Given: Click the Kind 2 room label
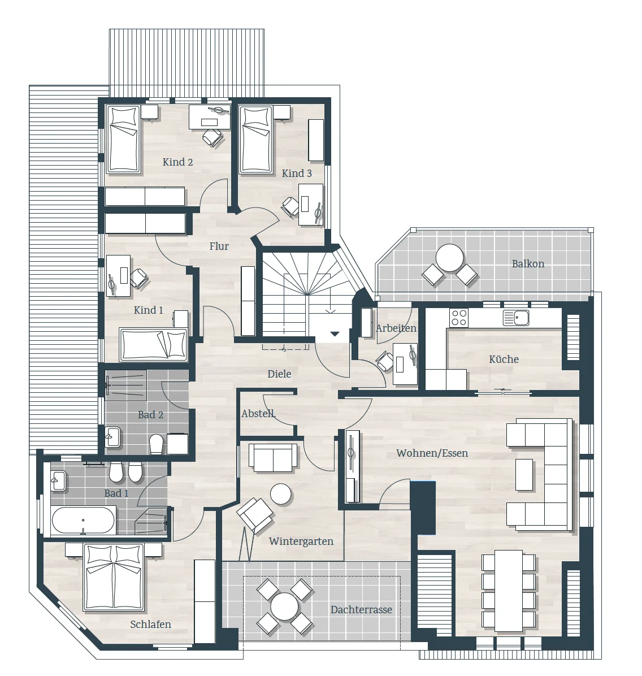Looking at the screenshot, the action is (x=177, y=162).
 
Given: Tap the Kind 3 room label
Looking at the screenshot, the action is (x=297, y=174).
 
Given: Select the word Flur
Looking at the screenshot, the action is (x=219, y=246).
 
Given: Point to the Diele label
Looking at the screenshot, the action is (x=279, y=374).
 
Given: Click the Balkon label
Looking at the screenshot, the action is (x=528, y=264).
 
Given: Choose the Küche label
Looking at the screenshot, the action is (x=504, y=359).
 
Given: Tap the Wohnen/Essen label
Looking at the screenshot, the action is (x=432, y=453).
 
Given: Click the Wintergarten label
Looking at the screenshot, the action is (x=301, y=541).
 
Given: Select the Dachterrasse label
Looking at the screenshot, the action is (x=361, y=610).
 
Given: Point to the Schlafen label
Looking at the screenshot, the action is (x=150, y=624).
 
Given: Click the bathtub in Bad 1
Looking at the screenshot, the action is (x=83, y=521).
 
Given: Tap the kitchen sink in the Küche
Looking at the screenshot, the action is (x=515, y=318).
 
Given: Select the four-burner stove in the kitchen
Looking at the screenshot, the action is (x=459, y=318).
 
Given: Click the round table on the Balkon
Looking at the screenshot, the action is (x=450, y=258).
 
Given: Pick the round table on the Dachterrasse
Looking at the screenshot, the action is (x=285, y=606).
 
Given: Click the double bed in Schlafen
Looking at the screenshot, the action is (x=114, y=577).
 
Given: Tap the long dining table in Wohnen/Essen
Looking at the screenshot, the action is (x=509, y=590).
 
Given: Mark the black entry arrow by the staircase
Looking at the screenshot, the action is (x=335, y=333).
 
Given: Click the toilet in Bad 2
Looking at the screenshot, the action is (x=156, y=444).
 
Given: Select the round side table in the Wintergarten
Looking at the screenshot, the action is (x=281, y=494).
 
